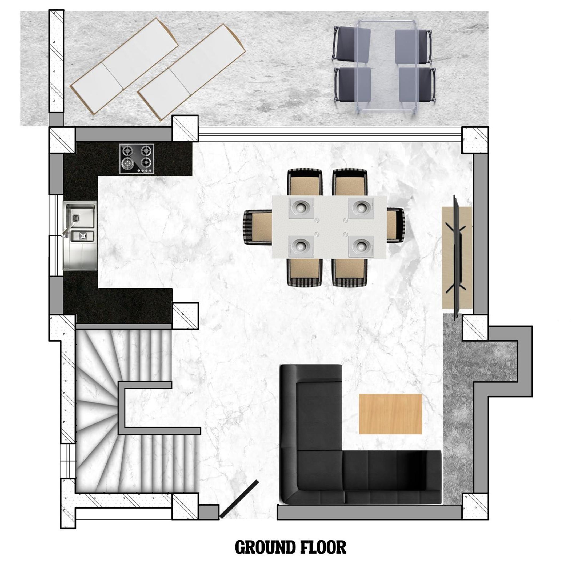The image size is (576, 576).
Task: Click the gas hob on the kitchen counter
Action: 137,159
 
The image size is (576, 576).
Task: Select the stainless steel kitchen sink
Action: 80,236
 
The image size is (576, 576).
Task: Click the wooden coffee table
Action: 391,414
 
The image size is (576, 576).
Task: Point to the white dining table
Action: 329,227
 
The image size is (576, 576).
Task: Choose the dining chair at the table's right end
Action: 396,225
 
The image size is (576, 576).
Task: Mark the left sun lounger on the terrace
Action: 124,66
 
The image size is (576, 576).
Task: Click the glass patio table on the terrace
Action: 387,68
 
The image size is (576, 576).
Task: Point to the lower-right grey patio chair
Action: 417,86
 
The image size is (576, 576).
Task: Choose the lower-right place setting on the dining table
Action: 361,246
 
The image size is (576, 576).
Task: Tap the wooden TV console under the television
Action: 457,258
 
